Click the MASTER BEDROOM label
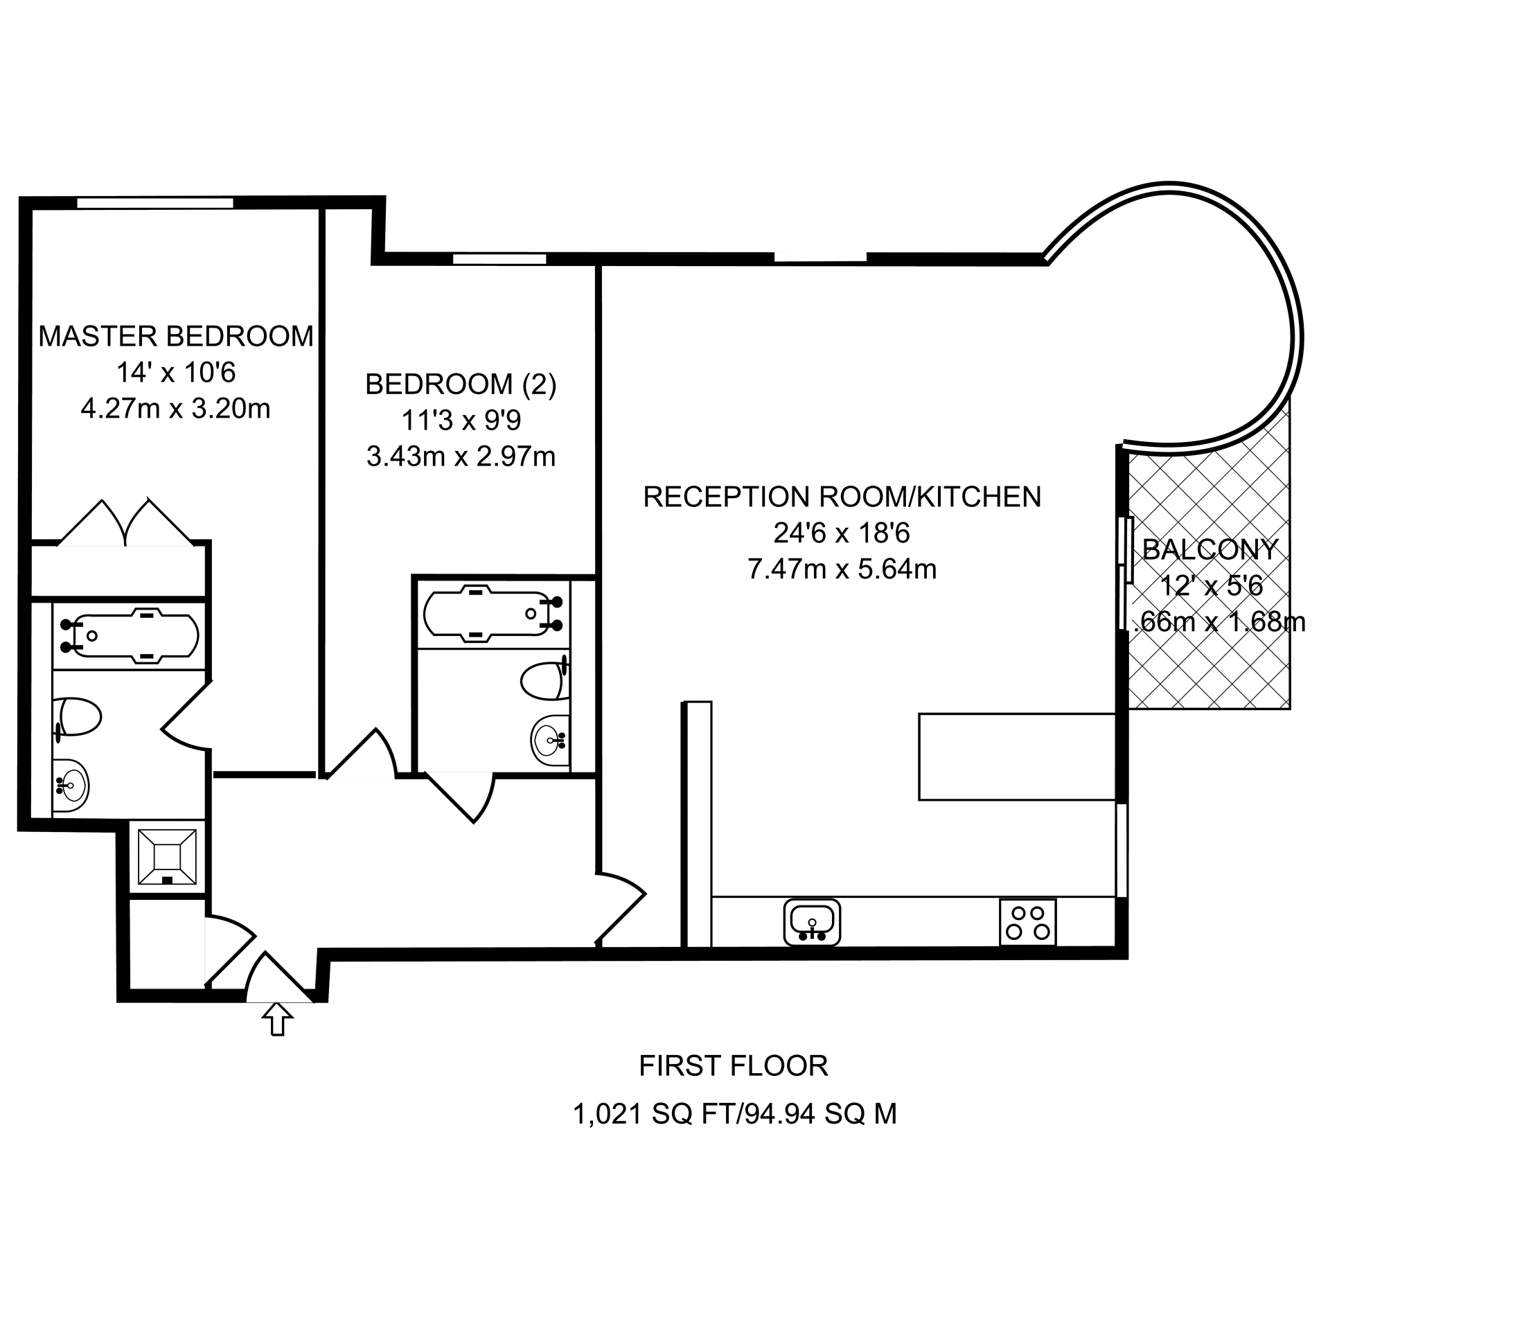tap(176, 336)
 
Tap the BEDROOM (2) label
tap(460, 384)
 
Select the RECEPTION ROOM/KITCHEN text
tap(842, 497)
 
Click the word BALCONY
tap(1210, 549)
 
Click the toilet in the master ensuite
tap(79, 716)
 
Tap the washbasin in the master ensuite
tap(71, 784)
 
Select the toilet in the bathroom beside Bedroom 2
tap(545, 681)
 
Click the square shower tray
tap(167, 857)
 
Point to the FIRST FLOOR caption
tap(733, 1065)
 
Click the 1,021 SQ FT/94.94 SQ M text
tap(734, 1114)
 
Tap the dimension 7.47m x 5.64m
tap(842, 569)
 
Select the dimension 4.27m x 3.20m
tap(175, 409)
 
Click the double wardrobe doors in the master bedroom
tap(125, 524)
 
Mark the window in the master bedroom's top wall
tap(155, 202)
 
